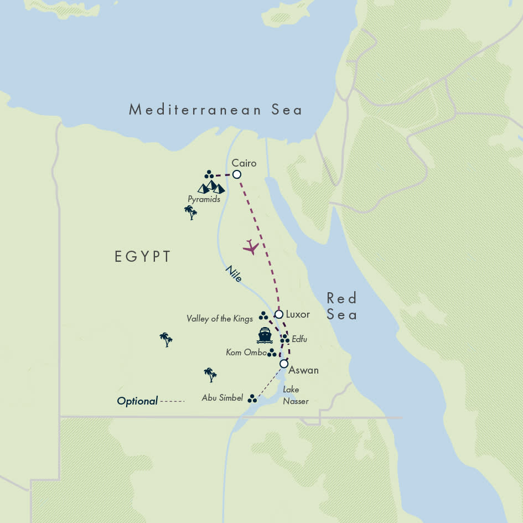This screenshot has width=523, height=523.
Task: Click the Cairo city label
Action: click(244, 163)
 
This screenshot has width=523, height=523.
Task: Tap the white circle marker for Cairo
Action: click(237, 174)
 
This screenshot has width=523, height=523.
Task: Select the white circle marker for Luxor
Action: click(279, 314)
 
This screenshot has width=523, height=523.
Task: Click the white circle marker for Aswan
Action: click(283, 364)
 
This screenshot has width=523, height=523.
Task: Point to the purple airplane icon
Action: click(251, 247)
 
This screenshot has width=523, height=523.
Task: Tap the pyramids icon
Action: click(211, 187)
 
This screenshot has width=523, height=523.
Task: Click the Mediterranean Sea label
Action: click(216, 110)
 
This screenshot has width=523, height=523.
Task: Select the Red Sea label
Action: click(341, 306)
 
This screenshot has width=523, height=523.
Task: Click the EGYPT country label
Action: click(142, 256)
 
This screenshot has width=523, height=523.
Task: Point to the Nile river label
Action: click(234, 274)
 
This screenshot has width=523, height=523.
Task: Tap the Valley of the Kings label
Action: click(219, 318)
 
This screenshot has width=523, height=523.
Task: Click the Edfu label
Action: click(299, 338)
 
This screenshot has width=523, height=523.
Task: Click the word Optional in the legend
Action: click(137, 401)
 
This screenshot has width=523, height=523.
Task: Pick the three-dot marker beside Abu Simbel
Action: click(252, 398)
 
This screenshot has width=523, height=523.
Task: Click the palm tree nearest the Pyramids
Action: click(191, 213)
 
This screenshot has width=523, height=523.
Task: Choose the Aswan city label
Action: click(304, 370)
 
